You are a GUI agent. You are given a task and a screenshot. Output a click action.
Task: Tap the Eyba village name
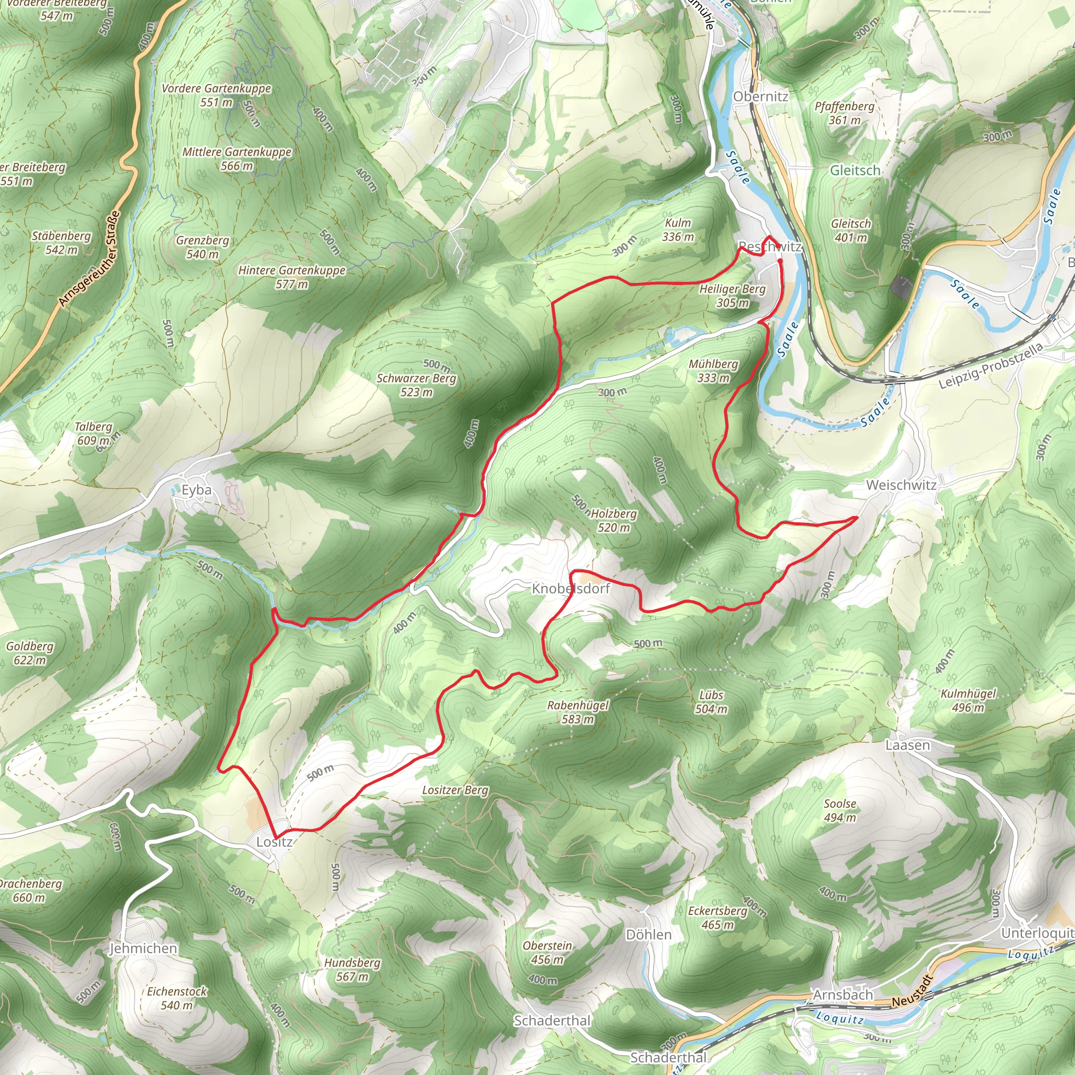(196, 490)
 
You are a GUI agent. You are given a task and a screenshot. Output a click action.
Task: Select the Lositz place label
(275, 842)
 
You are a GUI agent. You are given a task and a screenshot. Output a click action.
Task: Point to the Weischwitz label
(901, 485)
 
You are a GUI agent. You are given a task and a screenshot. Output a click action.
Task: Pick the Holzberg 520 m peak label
(614, 520)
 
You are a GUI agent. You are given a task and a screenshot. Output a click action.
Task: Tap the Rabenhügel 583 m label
(578, 712)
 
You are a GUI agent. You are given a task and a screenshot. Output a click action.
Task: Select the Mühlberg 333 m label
(713, 371)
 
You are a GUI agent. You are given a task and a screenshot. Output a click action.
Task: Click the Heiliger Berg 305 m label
(732, 296)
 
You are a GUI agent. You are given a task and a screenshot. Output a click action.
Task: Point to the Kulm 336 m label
(678, 230)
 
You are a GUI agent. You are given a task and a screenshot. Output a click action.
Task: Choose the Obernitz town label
(761, 96)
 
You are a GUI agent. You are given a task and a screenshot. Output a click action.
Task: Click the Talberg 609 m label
(93, 434)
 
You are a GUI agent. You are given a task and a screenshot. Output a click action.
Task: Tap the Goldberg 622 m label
(30, 653)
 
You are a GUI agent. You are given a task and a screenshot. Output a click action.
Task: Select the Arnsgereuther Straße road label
(89, 258)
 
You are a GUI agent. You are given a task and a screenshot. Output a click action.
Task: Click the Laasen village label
(908, 745)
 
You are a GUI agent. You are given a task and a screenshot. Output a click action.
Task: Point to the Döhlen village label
(649, 934)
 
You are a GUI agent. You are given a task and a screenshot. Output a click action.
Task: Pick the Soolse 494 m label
(840, 810)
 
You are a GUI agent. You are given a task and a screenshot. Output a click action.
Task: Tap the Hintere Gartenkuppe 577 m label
(292, 277)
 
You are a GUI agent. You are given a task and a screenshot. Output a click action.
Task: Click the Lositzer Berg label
(455, 790)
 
